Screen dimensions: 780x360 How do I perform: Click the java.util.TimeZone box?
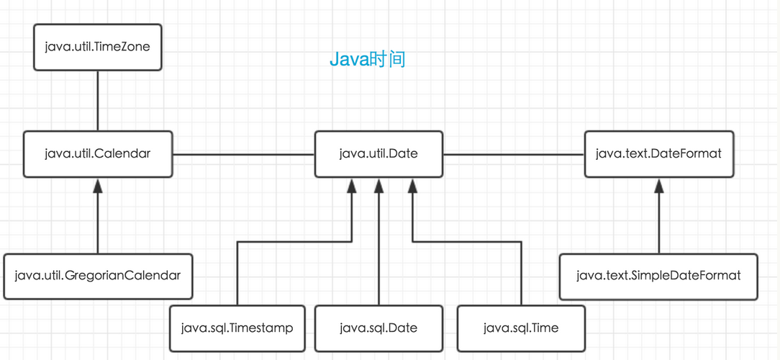point(98,47)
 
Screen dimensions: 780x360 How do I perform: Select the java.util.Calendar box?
point(98,154)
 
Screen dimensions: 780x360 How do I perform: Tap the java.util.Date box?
point(378,154)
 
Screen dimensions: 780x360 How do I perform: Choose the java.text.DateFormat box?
point(658,154)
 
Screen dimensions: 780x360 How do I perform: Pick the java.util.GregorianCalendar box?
point(98,276)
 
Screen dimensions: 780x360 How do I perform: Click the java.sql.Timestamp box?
point(237,328)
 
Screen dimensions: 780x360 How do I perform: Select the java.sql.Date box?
point(378,328)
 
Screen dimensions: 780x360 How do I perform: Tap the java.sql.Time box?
point(521,328)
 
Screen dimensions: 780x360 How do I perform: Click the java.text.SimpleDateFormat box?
point(658,276)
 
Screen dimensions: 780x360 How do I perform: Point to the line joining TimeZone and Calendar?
point(98,101)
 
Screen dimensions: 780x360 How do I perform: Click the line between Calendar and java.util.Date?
point(244,154)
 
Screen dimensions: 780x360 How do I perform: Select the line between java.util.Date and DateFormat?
point(514,154)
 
